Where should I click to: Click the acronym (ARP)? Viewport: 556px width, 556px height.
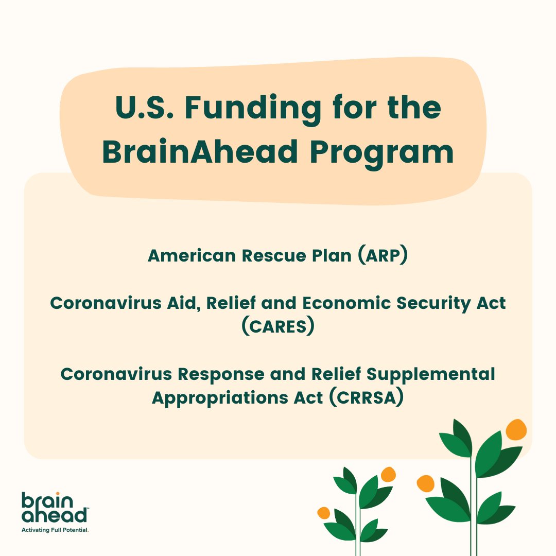[382, 256]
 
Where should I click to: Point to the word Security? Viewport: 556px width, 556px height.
[429, 303]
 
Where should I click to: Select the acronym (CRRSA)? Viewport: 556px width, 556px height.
[366, 397]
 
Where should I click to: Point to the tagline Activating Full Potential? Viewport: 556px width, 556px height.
[55, 529]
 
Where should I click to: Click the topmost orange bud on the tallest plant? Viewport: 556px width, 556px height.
[516, 429]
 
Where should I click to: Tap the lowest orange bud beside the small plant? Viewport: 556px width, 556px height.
[323, 513]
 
